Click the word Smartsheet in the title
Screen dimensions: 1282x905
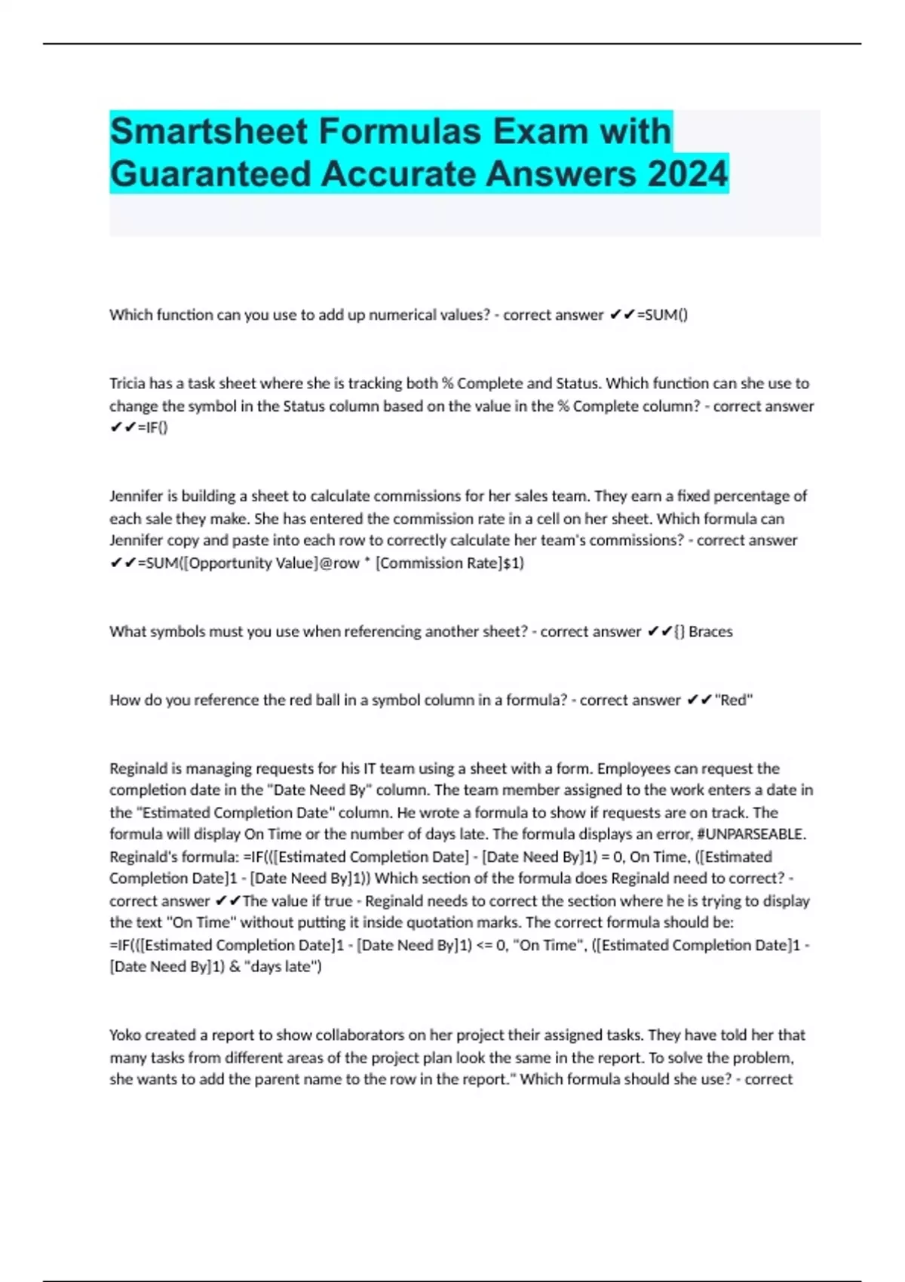[208, 131]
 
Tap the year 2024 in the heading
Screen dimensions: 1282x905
[686, 174]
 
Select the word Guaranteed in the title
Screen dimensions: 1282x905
[210, 174]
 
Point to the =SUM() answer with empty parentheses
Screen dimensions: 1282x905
[662, 315]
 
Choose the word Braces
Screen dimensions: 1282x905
[710, 632]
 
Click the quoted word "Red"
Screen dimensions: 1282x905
[734, 701]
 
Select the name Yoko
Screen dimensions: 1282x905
[125, 1035]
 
